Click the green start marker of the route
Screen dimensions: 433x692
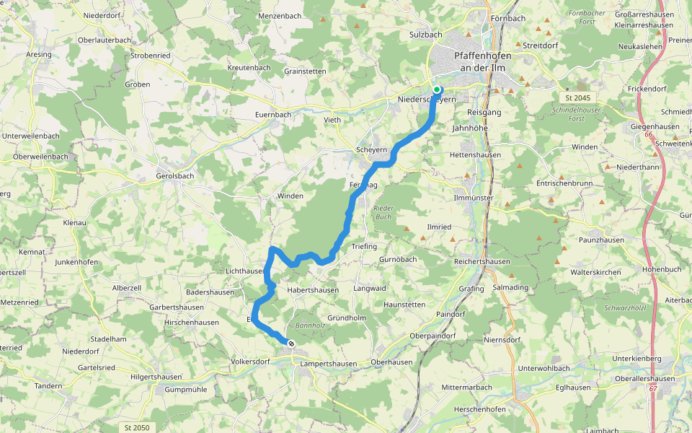coord(437,89)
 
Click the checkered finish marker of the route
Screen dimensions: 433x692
coord(290,344)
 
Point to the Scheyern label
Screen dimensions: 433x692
coord(372,149)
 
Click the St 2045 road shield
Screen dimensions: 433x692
coord(572,97)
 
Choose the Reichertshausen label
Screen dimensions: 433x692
coord(482,261)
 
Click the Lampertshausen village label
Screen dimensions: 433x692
coord(329,364)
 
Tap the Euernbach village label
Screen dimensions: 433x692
coord(273,114)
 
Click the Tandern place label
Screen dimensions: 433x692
coord(48,386)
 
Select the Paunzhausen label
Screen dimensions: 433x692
coord(600,239)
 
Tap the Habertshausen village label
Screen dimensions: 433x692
coord(313,290)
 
